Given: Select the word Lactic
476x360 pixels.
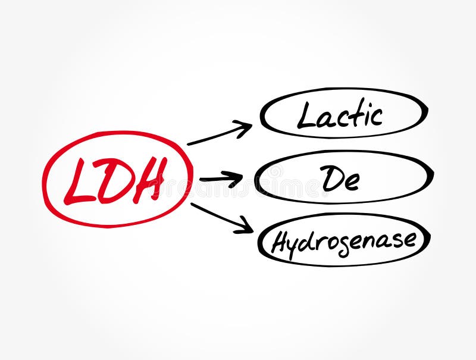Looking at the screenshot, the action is pos(340,114).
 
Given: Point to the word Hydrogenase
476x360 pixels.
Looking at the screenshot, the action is pos(344,242).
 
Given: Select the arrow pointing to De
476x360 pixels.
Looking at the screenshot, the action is pos(221,178).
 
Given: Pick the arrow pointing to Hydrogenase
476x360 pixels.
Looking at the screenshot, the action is pos(221,217).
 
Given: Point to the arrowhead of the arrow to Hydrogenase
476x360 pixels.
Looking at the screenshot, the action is pos(245,226).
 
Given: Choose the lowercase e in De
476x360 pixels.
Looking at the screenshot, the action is pos(352,181).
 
